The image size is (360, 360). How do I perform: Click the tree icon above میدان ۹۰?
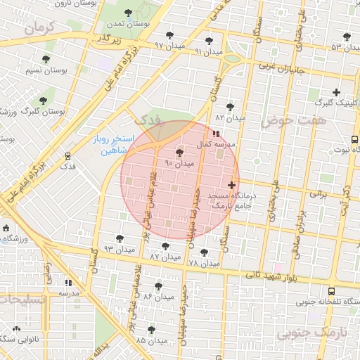179,152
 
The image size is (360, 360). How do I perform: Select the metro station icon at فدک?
68,156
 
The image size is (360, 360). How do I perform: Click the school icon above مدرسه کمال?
215,133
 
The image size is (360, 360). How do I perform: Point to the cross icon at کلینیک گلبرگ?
337,92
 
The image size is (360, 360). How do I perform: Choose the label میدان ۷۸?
205,263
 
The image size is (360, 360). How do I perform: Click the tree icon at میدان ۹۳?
120,238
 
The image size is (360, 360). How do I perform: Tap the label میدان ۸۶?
158,297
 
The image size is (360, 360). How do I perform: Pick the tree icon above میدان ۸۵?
151,329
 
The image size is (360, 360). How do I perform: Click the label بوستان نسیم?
45,71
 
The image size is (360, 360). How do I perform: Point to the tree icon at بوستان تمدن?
127,13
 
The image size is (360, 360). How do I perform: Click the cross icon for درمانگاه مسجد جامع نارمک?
232,185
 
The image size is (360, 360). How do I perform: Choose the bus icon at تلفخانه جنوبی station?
332,290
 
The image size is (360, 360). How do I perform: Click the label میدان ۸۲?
231,118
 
